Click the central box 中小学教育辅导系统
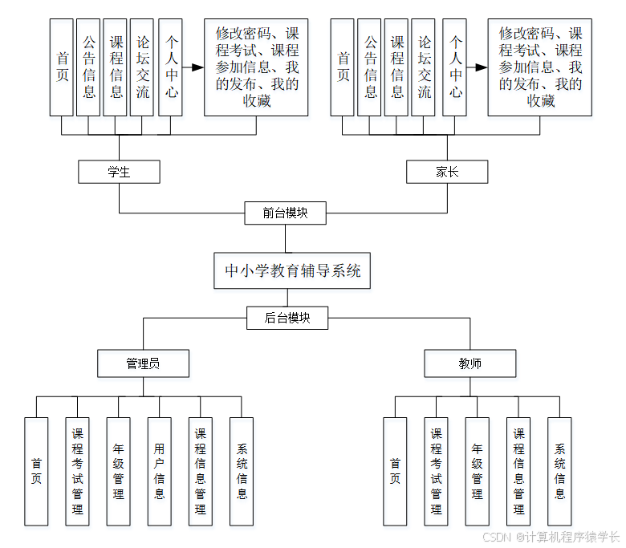(x=292, y=270)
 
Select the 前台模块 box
(x=285, y=213)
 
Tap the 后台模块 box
(x=287, y=318)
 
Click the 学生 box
(x=119, y=172)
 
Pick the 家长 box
(x=447, y=172)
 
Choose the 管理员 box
(x=143, y=363)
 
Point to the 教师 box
(x=470, y=363)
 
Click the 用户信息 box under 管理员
(x=160, y=471)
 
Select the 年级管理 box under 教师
(x=477, y=471)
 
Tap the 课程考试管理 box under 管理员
(x=77, y=471)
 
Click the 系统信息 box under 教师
(x=559, y=471)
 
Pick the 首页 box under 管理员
(x=36, y=471)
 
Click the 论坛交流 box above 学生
(x=142, y=67)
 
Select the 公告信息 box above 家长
(x=370, y=67)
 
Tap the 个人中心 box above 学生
(x=170, y=67)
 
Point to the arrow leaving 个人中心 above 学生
(x=193, y=67)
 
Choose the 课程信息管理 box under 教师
(x=518, y=471)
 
